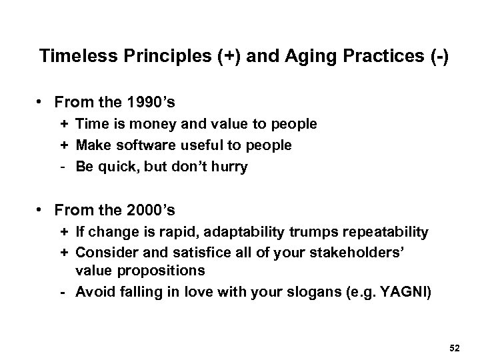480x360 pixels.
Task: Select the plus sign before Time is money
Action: point(63,125)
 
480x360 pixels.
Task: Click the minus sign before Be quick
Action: point(63,167)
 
